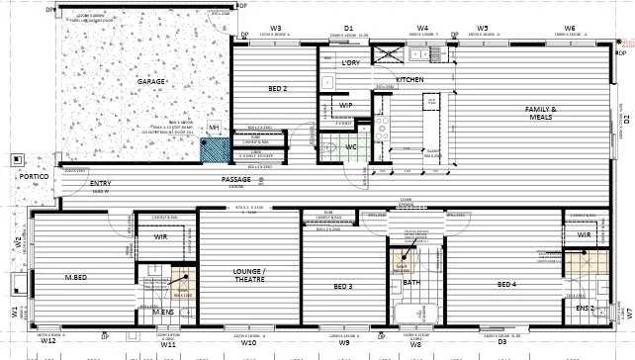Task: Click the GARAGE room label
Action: point(150,81)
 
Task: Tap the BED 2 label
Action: point(278,89)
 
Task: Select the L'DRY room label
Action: point(350,63)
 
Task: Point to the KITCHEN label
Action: point(409,79)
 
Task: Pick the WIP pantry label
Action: point(346,105)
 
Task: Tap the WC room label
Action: point(351,147)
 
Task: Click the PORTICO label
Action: point(21,191)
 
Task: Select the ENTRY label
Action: point(101,184)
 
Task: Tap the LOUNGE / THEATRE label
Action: point(249,274)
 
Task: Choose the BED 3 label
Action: point(342,287)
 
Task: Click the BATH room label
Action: point(412,283)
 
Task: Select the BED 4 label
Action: point(506,286)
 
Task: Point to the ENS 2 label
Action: point(586,308)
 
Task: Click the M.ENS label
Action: point(162,313)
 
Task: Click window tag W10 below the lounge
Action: point(248,343)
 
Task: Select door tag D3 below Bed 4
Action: point(501,343)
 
